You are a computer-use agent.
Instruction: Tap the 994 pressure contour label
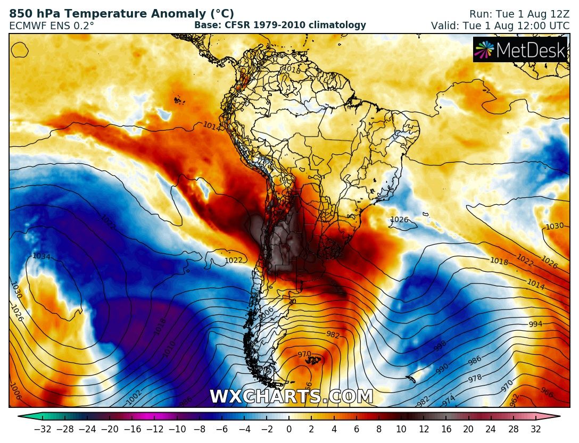tap(536, 324)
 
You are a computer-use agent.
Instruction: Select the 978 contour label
tap(475, 379)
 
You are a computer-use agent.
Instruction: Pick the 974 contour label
tap(449, 399)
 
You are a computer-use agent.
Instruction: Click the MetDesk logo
tap(520, 49)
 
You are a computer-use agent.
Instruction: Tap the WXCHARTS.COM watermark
tap(291, 397)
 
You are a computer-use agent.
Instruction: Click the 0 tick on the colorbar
tap(289, 429)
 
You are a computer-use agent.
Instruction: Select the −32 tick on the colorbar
tap(42, 429)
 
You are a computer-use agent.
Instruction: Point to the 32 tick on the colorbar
tap(535, 429)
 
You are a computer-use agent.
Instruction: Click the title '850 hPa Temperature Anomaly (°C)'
tap(121, 14)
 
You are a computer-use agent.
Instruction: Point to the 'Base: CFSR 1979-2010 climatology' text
tap(280, 25)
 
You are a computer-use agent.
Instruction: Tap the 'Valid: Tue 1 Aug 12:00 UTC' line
tap(500, 25)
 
